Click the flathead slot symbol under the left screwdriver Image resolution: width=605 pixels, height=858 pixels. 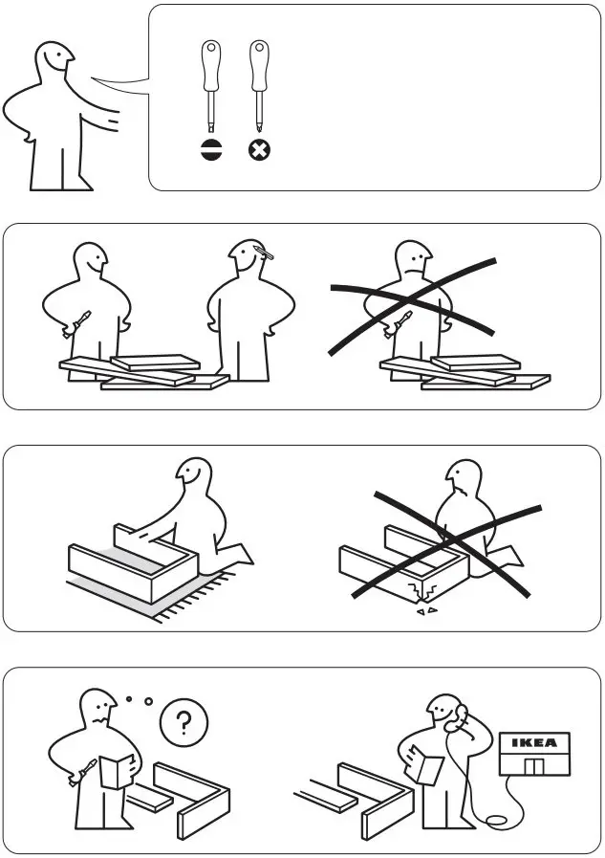(x=211, y=150)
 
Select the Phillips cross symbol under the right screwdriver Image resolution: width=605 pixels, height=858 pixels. (x=258, y=150)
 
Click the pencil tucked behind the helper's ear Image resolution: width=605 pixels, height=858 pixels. (x=265, y=253)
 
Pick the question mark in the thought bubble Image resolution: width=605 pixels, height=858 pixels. (x=184, y=724)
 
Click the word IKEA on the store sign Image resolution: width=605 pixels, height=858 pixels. (x=534, y=742)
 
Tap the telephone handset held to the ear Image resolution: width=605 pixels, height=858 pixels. (x=460, y=715)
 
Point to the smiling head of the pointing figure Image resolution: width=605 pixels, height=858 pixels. (x=54, y=68)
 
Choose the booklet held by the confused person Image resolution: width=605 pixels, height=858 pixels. (x=116, y=770)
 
